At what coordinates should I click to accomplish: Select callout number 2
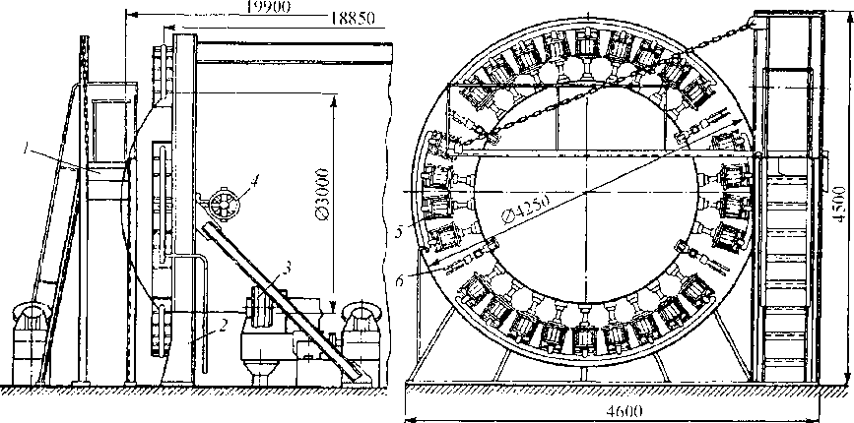pos(225,323)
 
